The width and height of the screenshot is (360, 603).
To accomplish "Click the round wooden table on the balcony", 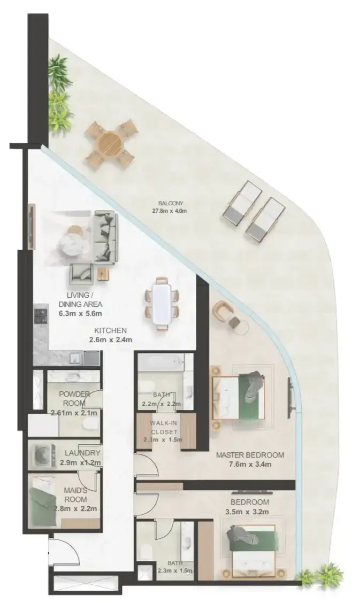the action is coord(110,143).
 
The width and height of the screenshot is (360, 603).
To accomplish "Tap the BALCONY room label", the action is coord(171,203).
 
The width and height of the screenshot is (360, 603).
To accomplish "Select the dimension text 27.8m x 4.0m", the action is coord(170,211).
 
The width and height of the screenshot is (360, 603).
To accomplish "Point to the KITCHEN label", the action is coord(110,330).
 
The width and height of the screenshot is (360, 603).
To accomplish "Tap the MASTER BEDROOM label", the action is coord(250,455).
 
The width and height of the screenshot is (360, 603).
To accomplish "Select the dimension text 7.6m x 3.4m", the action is coord(250,464).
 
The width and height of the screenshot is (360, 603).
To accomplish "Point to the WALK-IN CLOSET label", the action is coord(164,427).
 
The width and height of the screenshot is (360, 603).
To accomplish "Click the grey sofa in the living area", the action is coord(105,238).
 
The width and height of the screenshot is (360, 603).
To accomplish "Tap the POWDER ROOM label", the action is coord(74,399).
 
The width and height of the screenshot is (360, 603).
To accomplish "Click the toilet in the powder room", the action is coord(90,424).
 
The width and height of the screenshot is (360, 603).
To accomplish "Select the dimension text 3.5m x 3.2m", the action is coord(247,512).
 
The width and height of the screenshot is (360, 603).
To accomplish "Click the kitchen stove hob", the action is coord(41,315).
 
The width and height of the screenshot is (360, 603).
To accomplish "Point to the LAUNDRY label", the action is coord(82,453).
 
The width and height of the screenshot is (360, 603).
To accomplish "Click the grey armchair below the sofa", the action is coord(81,274).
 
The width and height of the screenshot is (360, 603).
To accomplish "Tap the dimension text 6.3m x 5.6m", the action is coord(80,313).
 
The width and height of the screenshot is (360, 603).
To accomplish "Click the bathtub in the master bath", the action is coord(161,362).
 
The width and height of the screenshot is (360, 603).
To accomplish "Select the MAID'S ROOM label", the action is coord(75,495).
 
